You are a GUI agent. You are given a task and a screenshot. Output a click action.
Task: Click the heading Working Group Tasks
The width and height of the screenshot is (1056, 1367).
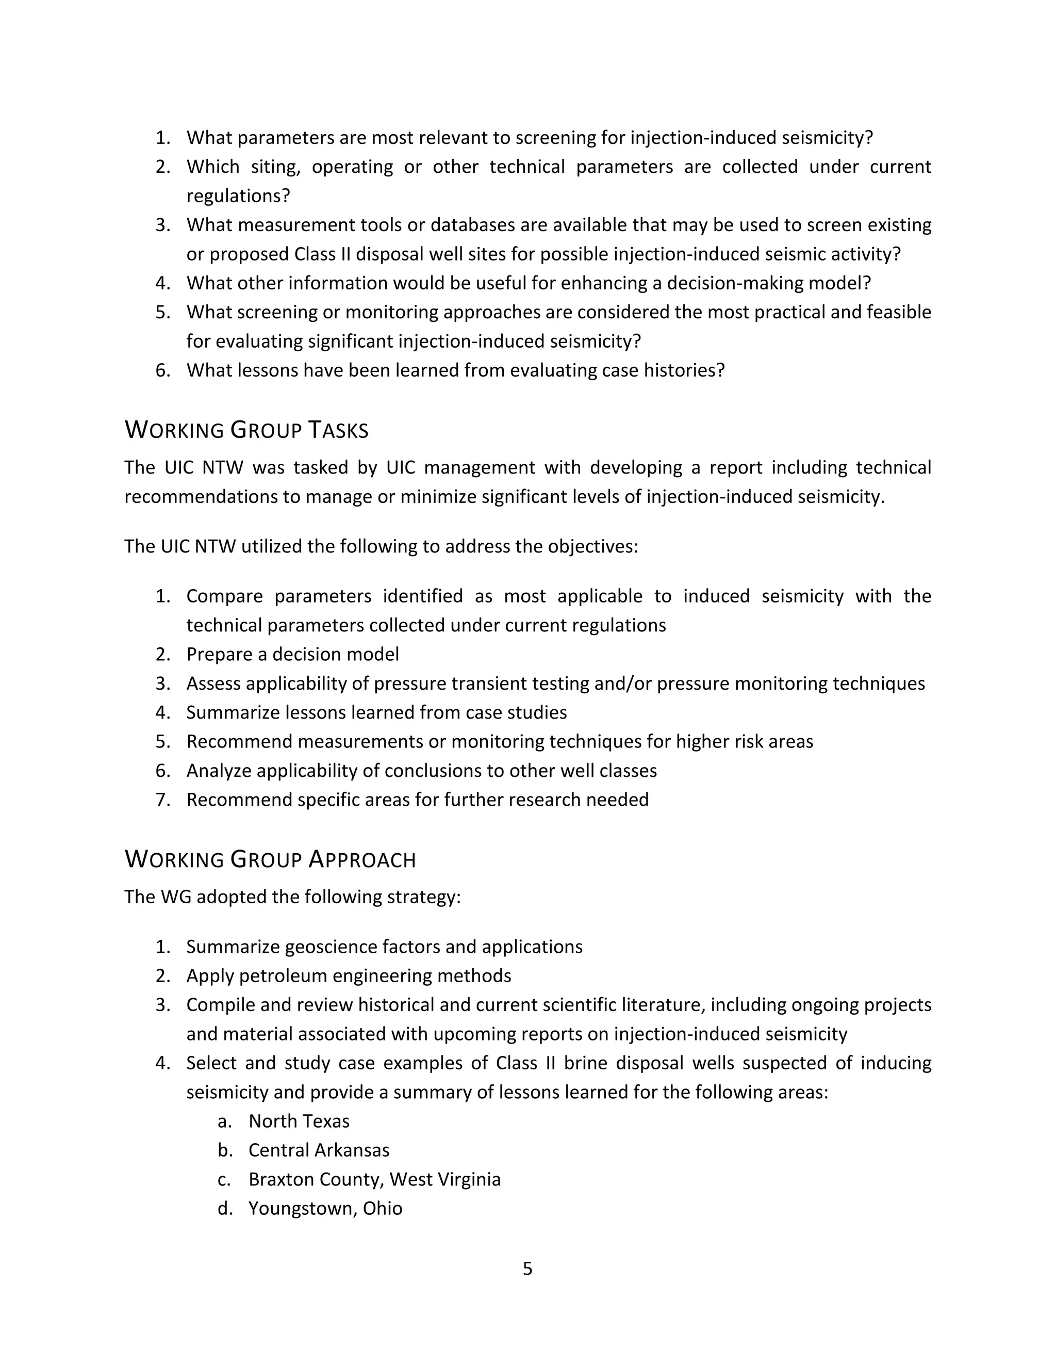246,431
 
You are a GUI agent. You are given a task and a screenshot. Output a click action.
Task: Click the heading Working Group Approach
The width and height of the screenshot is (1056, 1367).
270,860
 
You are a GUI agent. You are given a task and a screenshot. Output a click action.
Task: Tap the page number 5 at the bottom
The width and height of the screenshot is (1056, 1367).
527,1269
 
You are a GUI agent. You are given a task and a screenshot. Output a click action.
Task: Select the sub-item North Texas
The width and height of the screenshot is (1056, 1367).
299,1121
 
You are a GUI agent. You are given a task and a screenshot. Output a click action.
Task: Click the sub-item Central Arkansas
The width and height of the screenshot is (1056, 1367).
319,1150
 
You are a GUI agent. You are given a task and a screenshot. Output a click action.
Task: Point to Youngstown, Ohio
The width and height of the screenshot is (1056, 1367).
325,1209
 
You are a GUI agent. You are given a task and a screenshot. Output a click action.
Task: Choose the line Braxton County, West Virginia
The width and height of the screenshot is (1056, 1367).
374,1179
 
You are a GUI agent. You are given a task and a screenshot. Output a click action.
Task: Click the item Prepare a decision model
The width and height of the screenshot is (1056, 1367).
292,654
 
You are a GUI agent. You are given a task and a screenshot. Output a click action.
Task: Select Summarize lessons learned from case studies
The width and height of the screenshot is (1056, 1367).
376,712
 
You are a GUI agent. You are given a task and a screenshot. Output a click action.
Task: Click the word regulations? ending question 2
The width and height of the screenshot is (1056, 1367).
238,196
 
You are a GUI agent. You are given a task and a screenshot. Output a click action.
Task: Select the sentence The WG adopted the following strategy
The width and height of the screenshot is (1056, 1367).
292,897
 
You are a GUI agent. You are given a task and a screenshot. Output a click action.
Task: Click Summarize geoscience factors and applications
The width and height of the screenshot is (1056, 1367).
384,947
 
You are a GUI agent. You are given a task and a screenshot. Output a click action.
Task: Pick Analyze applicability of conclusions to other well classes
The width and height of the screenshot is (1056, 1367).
421,771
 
